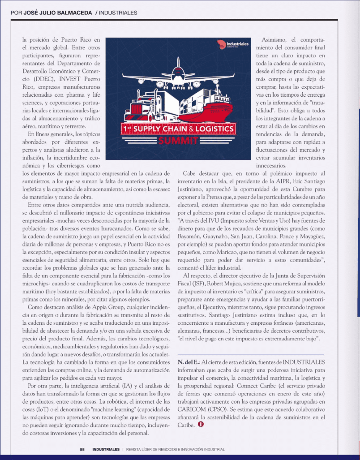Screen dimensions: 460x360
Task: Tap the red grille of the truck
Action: click(136, 111)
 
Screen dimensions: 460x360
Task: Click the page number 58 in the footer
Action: click(82, 448)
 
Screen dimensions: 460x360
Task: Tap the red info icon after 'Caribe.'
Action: click(200, 425)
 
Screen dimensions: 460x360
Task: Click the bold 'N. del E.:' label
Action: click(189, 361)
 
